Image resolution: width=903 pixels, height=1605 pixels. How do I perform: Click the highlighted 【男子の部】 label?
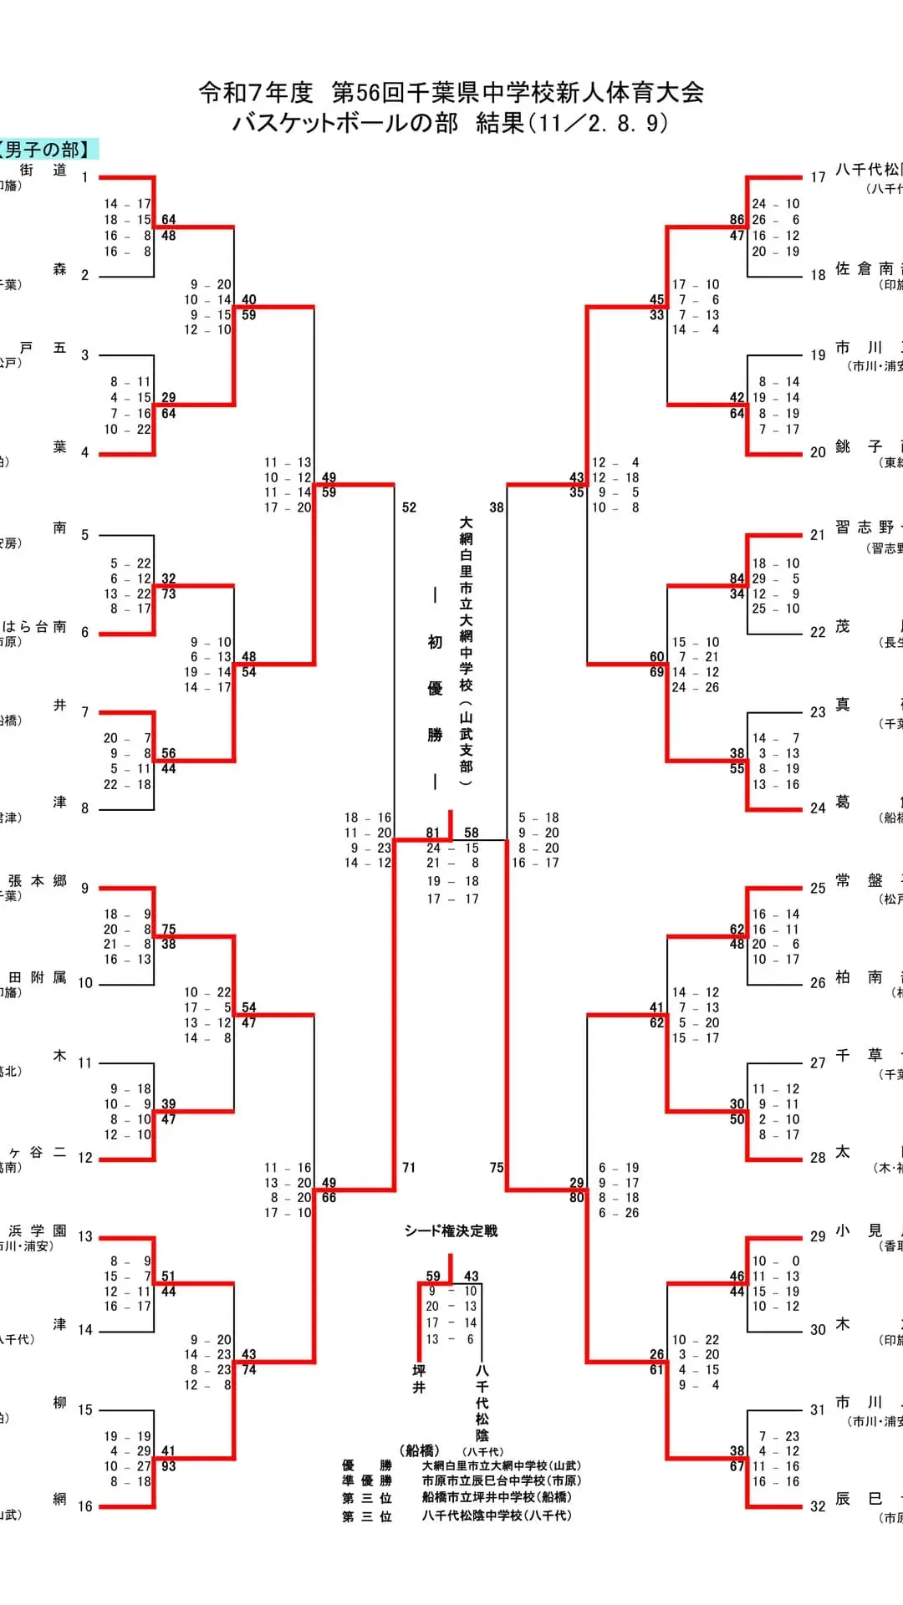(48, 150)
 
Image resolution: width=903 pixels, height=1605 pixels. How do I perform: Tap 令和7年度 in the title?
(255, 93)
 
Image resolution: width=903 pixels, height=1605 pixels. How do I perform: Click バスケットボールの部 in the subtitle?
(345, 124)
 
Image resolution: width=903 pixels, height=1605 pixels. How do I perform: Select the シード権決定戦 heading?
(451, 1230)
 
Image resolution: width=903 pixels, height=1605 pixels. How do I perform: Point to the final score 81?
(432, 833)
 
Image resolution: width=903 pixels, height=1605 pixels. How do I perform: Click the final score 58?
(472, 833)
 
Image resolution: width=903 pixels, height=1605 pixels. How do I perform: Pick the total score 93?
(169, 1466)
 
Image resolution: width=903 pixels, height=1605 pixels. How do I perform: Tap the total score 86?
(737, 220)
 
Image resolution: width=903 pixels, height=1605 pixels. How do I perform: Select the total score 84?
(737, 578)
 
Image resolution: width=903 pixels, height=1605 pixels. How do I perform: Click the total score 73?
(169, 594)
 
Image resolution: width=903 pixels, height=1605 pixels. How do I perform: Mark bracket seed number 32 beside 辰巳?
(818, 1506)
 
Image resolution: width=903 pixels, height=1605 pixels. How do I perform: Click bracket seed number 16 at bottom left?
(85, 1506)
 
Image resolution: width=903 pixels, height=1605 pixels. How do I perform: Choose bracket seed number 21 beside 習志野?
(818, 535)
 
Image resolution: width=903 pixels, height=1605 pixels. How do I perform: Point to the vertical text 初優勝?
(435, 688)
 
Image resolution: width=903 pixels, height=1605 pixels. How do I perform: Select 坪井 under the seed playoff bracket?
(419, 1379)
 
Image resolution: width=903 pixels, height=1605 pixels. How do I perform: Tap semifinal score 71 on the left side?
(409, 1168)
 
